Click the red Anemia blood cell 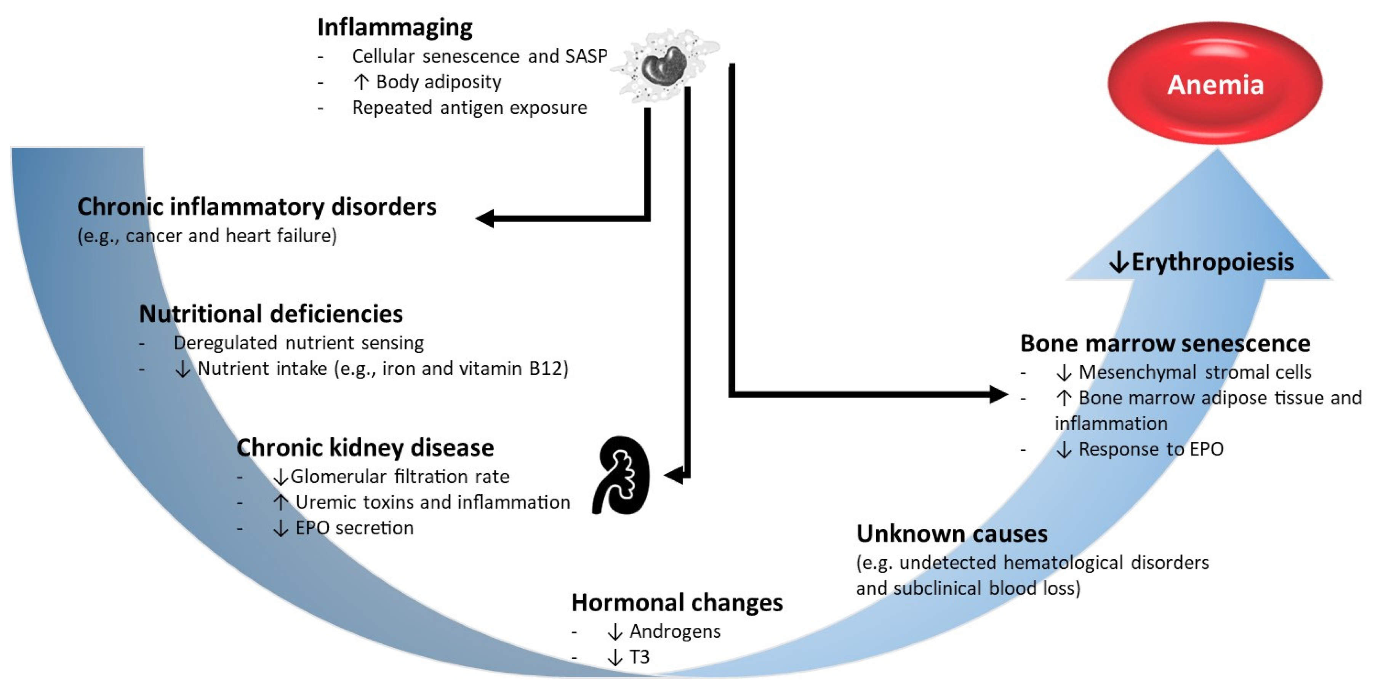[x=1215, y=83]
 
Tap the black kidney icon [x=621, y=475]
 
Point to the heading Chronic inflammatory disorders [x=257, y=207]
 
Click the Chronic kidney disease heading [x=365, y=448]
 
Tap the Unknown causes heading [x=951, y=534]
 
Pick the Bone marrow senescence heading [x=1165, y=344]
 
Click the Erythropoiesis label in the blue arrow [x=1212, y=262]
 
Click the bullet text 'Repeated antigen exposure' [x=469, y=108]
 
